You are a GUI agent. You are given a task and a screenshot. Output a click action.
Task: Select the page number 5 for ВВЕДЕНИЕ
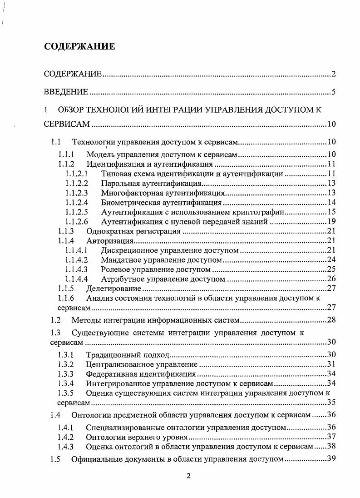coord(333,92)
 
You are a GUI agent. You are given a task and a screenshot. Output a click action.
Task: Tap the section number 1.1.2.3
coord(76,193)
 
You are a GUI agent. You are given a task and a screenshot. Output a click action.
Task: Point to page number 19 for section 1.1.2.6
coord(331,222)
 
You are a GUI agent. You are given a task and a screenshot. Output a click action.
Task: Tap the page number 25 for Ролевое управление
coord(331,269)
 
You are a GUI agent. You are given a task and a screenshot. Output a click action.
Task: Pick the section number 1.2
coord(56,320)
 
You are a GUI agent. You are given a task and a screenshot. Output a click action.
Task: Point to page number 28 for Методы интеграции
coord(331,320)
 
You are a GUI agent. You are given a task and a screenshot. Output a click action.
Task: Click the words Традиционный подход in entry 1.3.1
coord(128,354)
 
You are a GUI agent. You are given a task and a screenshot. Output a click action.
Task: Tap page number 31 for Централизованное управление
coord(331,364)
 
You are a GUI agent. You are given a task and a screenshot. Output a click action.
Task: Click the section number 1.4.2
coord(65,437)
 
